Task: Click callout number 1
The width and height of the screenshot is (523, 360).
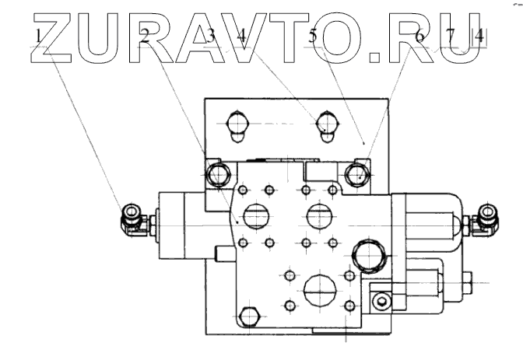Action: pos(37,36)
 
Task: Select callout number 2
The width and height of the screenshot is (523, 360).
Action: pos(145,36)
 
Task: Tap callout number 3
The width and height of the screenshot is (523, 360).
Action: pos(211,36)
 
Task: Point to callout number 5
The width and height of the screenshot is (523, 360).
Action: pos(312,36)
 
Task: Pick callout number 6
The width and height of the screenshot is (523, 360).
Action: pos(419,36)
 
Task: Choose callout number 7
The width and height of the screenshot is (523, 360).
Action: pos(451,36)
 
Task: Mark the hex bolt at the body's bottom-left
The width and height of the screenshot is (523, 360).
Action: pos(248,317)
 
